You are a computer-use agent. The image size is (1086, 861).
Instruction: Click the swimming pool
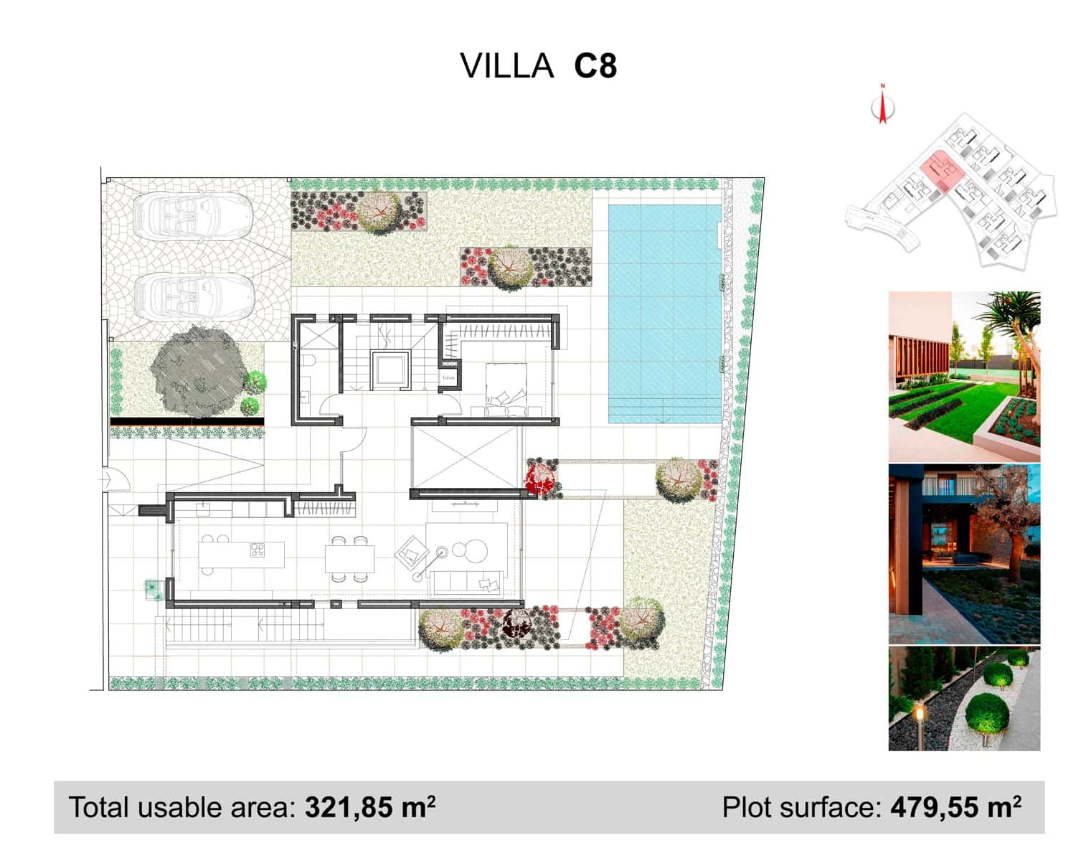664,314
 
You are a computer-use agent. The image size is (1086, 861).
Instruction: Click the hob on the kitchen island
257,550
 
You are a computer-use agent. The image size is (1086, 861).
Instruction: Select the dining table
349,557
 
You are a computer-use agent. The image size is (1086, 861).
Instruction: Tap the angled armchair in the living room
411,554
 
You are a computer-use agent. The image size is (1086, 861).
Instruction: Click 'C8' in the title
595,66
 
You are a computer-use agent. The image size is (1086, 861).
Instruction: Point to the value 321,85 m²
370,808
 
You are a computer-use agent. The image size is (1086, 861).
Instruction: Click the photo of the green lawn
964,377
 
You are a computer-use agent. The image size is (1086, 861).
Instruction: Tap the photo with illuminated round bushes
964,699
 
